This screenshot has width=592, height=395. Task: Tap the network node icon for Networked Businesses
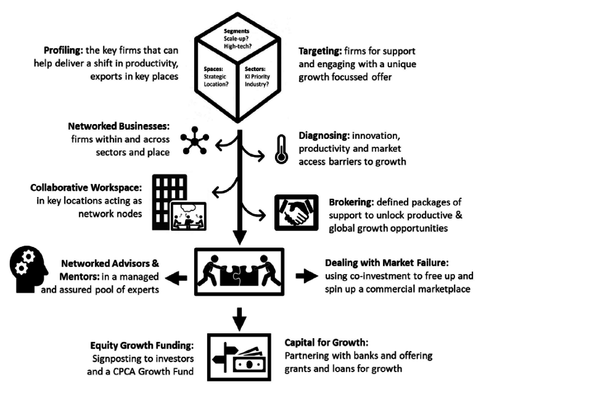click(x=195, y=142)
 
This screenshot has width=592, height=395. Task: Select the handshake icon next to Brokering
click(x=297, y=212)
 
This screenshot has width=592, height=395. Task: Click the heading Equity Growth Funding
click(x=142, y=346)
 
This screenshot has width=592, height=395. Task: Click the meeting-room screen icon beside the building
click(x=187, y=216)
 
